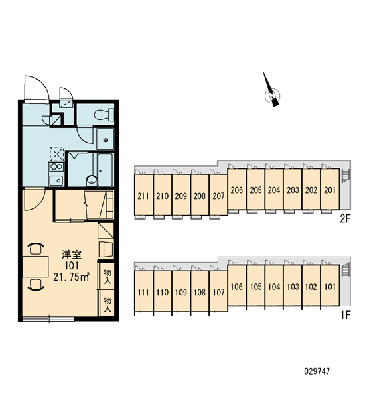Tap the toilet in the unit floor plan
coord(104,115)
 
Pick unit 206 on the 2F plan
coord(237,189)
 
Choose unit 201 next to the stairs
coord(330,189)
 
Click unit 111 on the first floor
coord(143,291)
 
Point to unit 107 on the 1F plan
coord(218,291)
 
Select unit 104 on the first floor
coord(274,286)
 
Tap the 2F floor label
coord(345,218)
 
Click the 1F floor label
coord(345,315)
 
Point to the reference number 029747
coord(317,371)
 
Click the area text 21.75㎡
coord(71,277)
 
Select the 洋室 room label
coord(72,255)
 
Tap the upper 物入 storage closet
coord(107,276)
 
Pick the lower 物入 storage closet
coord(107,303)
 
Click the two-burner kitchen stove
coord(56,167)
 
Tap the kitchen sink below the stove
coord(56,180)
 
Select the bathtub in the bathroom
coord(106,169)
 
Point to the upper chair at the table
coord(36,249)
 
